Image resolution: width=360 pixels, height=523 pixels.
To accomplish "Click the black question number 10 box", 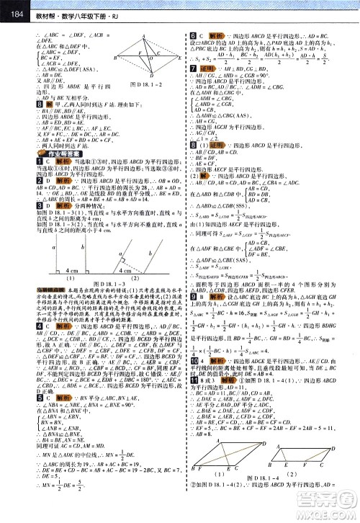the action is (194, 378).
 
